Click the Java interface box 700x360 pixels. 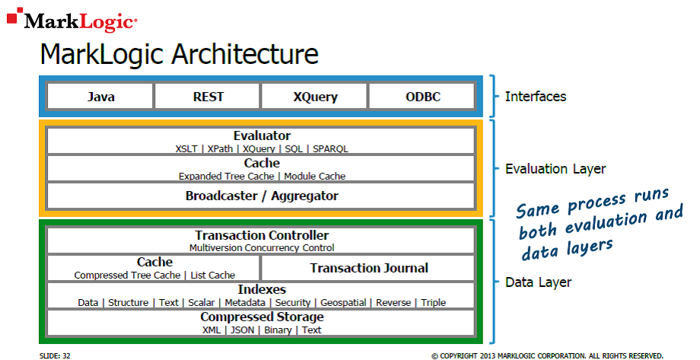pos(100,97)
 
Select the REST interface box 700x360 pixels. pos(208,97)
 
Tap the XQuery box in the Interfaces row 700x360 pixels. pos(315,97)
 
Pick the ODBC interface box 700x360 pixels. pos(422,97)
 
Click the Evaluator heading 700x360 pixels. pos(262,135)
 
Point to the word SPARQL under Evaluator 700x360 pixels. pos(330,148)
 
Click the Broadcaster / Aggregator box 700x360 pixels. pos(262,196)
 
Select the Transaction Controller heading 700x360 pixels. pos(262,235)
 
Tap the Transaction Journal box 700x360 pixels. pos(369,268)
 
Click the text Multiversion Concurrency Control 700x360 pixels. pos(262,247)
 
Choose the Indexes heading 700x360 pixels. pos(262,289)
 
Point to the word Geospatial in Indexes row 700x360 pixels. pos(345,302)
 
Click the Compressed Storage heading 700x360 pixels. pos(262,317)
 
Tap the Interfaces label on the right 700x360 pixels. pos(536,97)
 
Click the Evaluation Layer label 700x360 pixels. pos(555,169)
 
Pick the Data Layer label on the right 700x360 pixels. pos(538,282)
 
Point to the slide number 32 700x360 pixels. pos(67,355)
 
